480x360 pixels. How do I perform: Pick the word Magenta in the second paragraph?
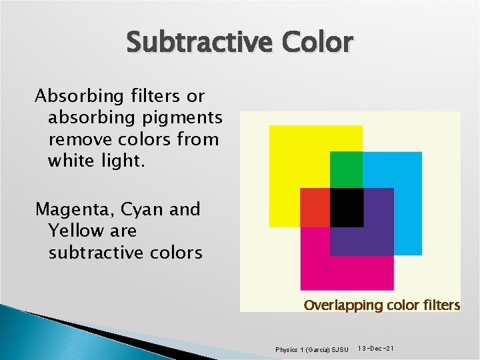click(74, 209)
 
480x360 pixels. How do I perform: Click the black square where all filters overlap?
click(347, 207)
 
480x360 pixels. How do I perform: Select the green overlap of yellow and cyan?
click(347, 169)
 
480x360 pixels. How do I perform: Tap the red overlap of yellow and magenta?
click(315, 207)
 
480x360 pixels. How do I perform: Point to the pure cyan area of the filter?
click(407, 200)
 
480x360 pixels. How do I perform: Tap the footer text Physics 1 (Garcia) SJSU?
click(311, 349)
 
